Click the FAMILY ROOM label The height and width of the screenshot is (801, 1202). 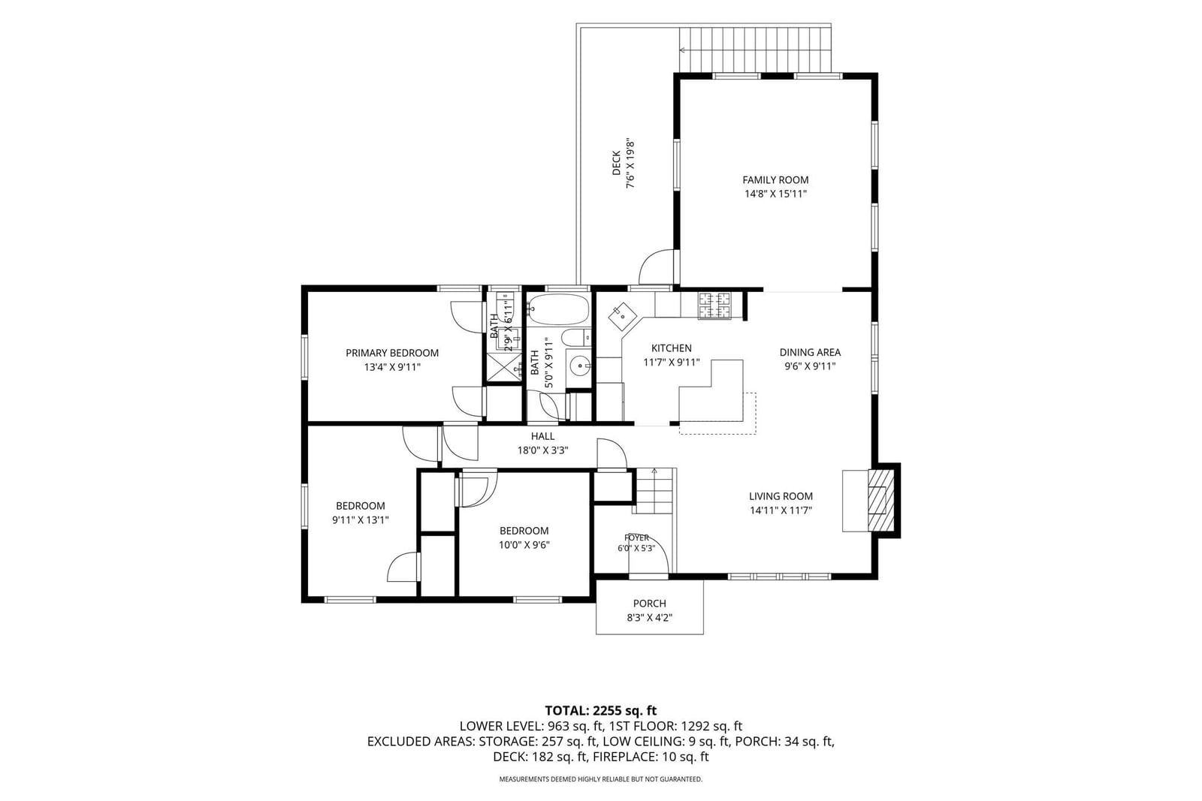point(775,180)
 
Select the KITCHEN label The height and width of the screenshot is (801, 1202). point(672,348)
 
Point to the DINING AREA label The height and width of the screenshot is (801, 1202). point(810,352)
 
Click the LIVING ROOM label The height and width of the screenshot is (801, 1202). point(781,496)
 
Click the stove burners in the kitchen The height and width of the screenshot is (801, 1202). point(714,306)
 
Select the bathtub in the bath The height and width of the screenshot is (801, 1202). point(559,309)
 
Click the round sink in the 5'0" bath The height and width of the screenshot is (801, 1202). point(580,366)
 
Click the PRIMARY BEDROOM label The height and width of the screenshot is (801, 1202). point(391,353)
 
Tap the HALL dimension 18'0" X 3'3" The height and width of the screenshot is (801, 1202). point(542,450)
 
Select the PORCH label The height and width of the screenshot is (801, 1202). point(649,604)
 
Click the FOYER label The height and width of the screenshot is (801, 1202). point(636,538)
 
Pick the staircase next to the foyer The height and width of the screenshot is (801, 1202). point(654,491)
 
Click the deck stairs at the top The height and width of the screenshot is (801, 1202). point(755,50)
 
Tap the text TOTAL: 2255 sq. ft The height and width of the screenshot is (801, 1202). point(601,711)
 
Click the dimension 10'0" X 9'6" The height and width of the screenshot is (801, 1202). point(524,545)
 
